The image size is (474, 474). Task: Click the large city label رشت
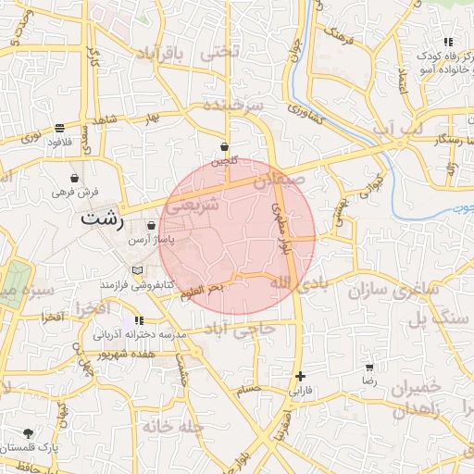point(101,219)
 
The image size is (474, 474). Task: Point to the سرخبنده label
point(229,104)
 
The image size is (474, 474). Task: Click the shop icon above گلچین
point(225,146)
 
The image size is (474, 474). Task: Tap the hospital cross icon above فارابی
point(300,376)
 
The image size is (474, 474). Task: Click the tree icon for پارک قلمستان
point(29,432)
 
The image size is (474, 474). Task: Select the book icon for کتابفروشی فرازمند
point(139,269)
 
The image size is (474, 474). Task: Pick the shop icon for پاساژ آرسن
point(152,225)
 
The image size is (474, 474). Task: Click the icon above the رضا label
point(370,368)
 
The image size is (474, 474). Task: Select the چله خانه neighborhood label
point(171,426)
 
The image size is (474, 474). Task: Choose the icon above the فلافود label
point(59,129)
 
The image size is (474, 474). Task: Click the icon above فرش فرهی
point(73,177)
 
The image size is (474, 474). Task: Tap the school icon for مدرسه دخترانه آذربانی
point(139,320)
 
